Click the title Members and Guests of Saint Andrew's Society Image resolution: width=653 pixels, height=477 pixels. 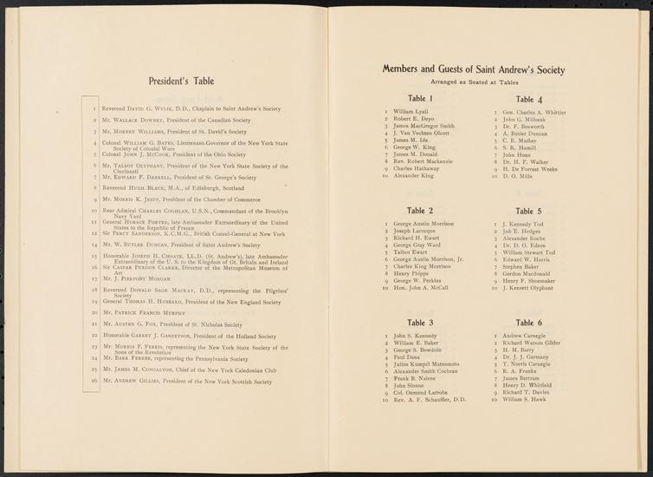(473, 69)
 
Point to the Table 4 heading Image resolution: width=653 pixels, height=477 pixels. (528, 99)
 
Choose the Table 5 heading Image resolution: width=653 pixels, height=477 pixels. (528, 211)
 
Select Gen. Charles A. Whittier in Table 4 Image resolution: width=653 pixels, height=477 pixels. (534, 113)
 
